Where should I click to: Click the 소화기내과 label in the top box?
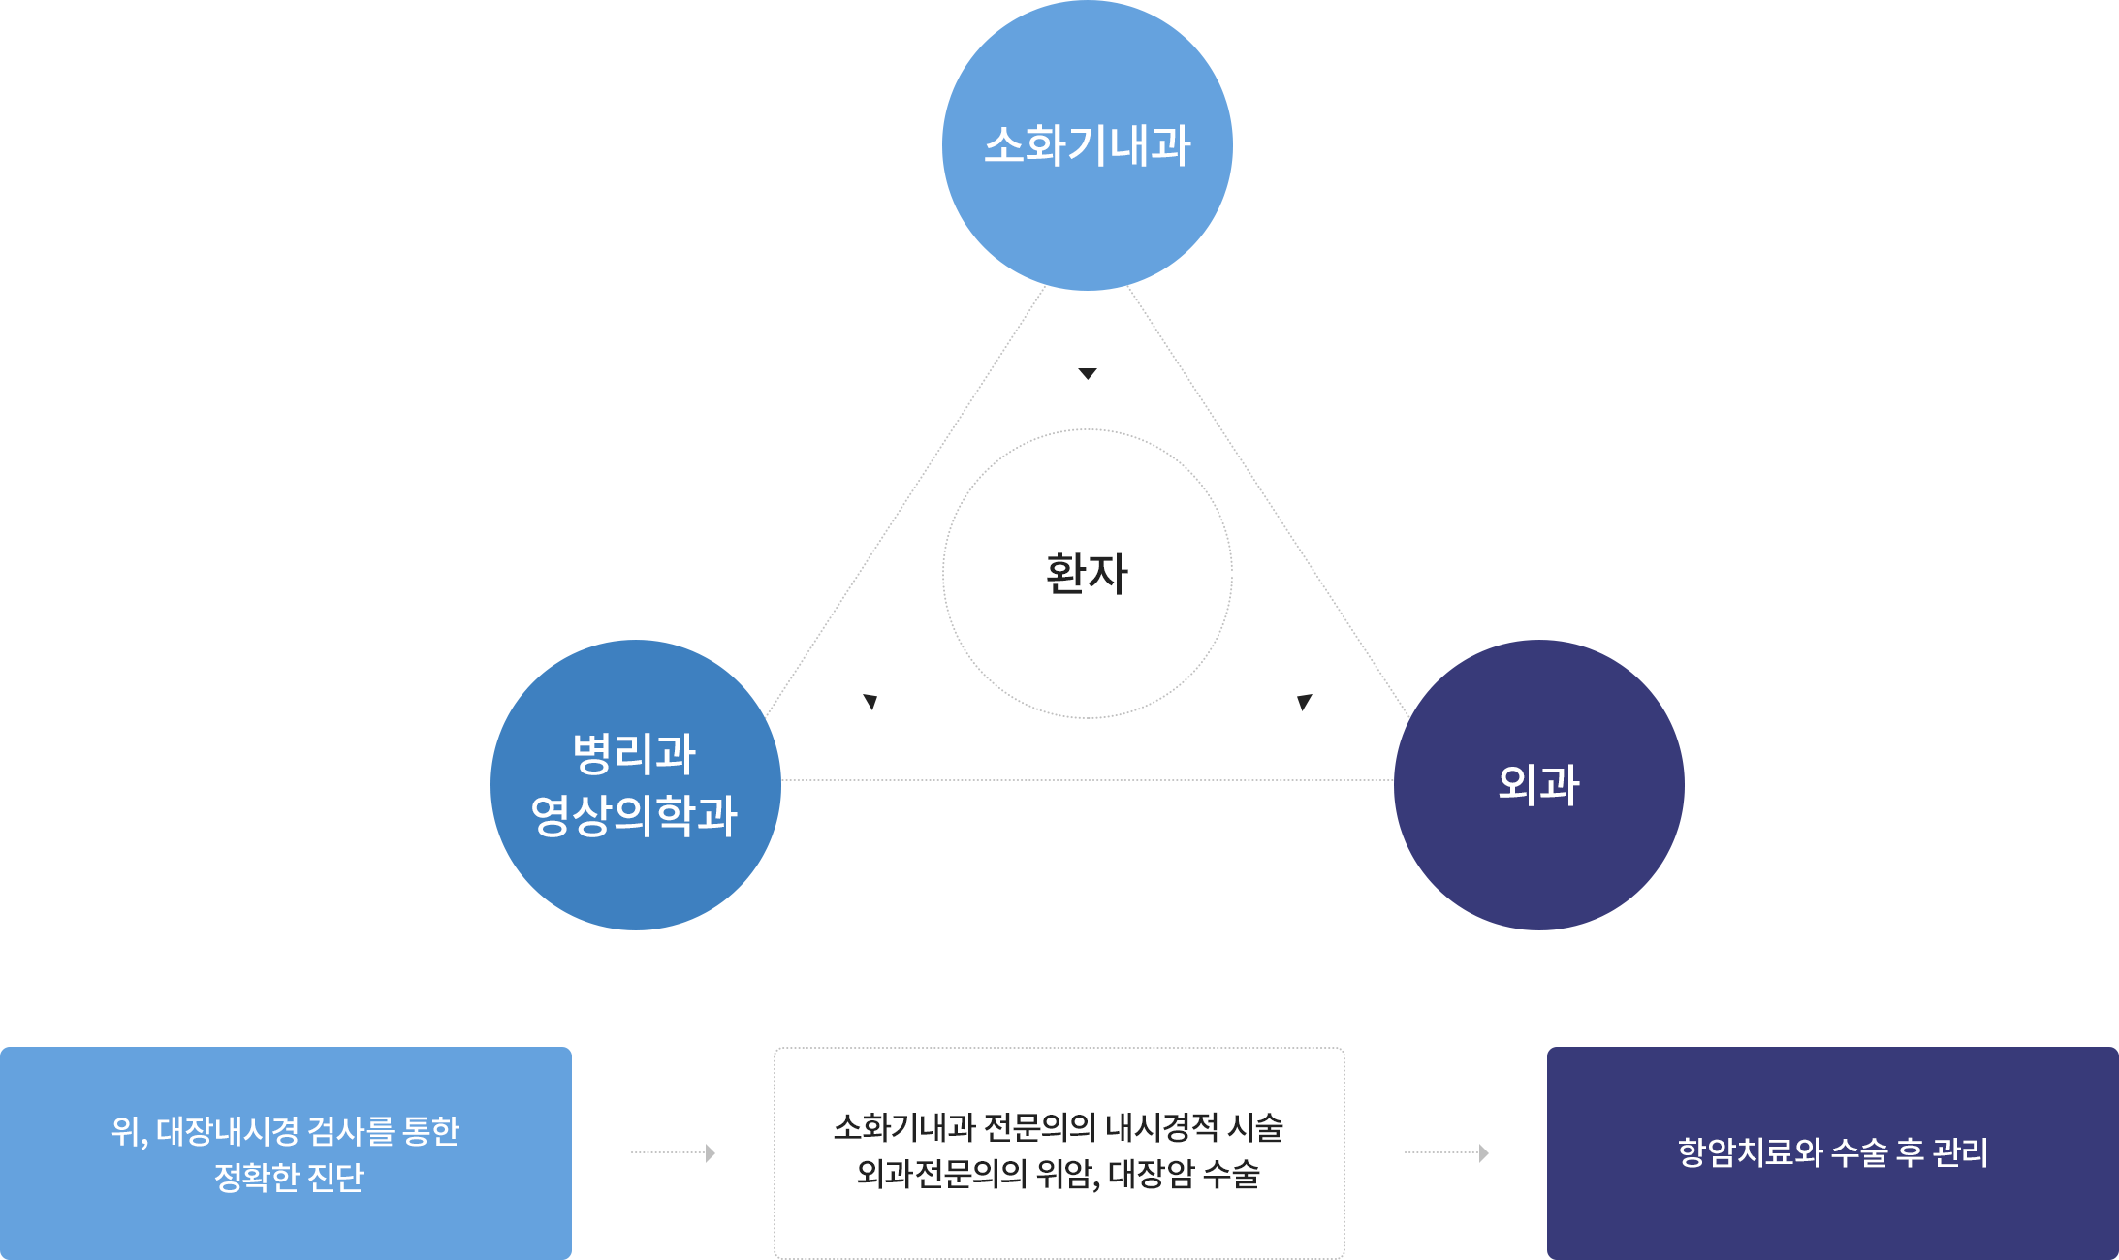click(x=1087, y=145)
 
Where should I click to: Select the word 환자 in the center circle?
click(x=1087, y=573)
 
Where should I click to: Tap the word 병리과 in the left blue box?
click(x=634, y=753)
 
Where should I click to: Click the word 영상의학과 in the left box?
click(x=634, y=814)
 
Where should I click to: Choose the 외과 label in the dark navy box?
click(x=1538, y=784)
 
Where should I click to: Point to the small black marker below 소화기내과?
click(x=1088, y=374)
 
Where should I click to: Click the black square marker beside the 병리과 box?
click(x=870, y=703)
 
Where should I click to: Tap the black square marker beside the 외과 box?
click(x=1305, y=703)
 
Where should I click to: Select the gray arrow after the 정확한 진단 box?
click(x=673, y=1152)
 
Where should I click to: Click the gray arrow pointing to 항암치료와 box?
click(x=1446, y=1152)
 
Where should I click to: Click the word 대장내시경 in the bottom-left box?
click(x=228, y=1130)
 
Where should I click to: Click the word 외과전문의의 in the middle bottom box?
click(x=941, y=1174)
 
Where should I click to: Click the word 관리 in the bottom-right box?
click(x=1960, y=1151)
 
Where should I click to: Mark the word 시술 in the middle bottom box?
click(x=1255, y=1127)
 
